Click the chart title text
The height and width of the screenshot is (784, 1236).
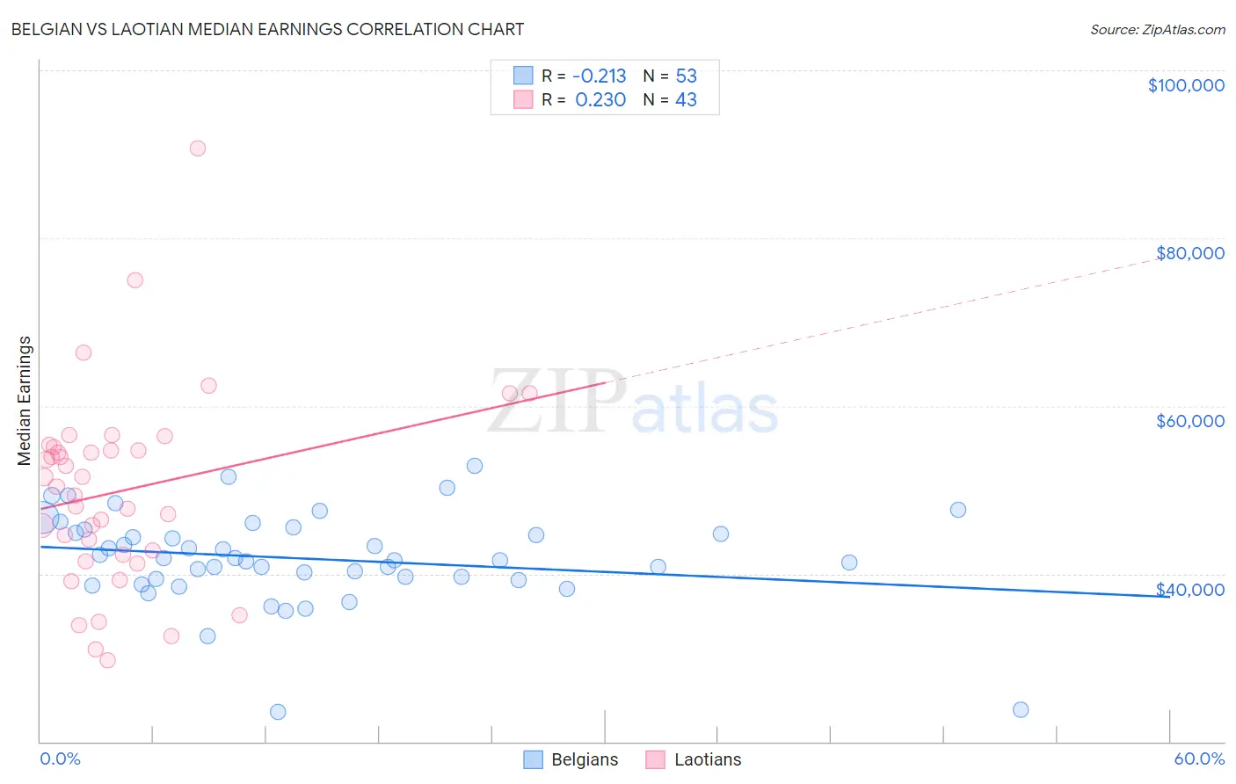click(x=267, y=29)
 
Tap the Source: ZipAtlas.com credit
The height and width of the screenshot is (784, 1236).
click(x=1157, y=30)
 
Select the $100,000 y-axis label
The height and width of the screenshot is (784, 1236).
click(x=1186, y=85)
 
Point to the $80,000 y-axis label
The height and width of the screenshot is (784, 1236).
click(x=1189, y=253)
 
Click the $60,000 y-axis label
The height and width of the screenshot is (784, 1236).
click(x=1189, y=421)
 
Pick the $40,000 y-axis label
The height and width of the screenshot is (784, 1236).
click(x=1189, y=590)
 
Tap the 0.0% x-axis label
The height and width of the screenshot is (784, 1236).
click(x=60, y=759)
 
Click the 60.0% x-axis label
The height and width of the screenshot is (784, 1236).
click(x=1199, y=759)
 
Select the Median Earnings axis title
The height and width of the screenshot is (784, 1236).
click(x=25, y=401)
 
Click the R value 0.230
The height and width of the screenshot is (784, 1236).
click(x=600, y=100)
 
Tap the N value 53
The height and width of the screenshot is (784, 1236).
click(x=686, y=76)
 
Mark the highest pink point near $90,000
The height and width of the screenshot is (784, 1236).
click(x=198, y=149)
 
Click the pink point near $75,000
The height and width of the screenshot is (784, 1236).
click(x=135, y=280)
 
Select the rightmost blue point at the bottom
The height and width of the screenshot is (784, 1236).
click(x=1021, y=710)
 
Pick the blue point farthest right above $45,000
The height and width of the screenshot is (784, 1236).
click(x=958, y=510)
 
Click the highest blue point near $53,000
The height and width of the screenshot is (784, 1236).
click(x=475, y=466)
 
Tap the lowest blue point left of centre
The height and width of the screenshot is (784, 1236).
click(x=278, y=712)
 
